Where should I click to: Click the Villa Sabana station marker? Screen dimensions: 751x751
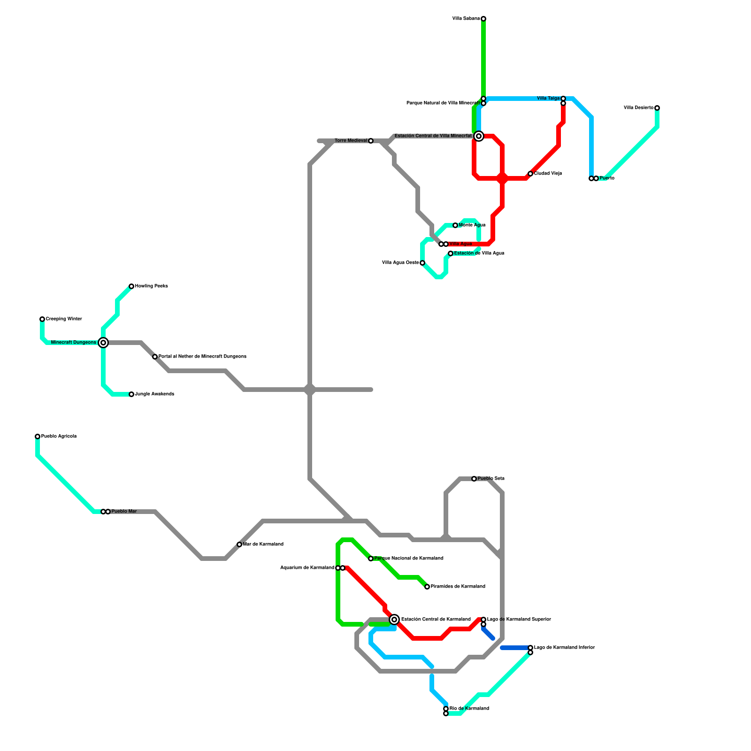click(483, 19)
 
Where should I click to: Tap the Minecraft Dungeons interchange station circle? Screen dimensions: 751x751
click(103, 343)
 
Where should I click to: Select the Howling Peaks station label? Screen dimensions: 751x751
click(151, 286)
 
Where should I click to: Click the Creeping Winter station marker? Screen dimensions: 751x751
click(42, 319)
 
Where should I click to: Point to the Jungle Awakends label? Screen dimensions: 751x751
click(154, 394)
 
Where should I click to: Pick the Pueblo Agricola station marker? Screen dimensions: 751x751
click(38, 437)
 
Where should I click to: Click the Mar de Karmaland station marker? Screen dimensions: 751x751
click(239, 544)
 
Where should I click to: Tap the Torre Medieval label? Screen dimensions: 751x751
click(351, 141)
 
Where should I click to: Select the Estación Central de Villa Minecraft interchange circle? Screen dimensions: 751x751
click(479, 136)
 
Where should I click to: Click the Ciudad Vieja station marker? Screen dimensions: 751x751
click(530, 174)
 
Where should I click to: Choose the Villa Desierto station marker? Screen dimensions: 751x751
click(657, 108)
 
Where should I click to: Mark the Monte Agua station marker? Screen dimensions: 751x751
click(455, 225)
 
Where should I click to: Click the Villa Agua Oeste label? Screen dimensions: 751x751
click(400, 263)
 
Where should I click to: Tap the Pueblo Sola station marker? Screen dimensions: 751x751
click(474, 479)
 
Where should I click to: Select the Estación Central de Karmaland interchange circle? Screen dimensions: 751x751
click(395, 620)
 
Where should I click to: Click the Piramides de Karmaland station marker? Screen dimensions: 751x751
click(427, 587)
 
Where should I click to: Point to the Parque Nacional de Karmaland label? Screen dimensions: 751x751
click(409, 559)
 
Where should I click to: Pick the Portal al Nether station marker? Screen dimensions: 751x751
click(155, 357)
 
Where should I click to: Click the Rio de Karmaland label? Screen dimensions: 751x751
click(469, 709)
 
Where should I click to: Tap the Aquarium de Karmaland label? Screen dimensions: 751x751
click(307, 568)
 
